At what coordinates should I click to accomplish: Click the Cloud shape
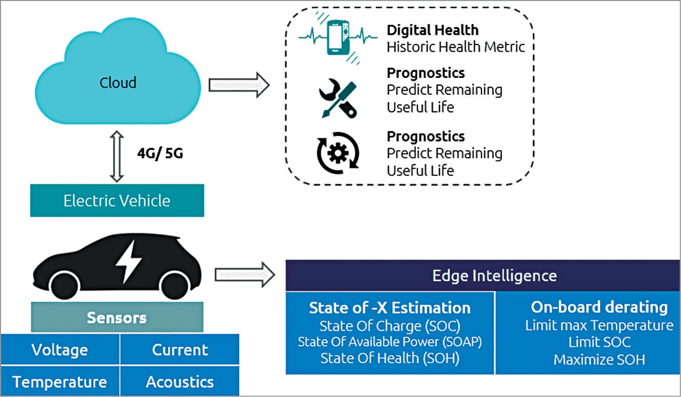click(x=118, y=82)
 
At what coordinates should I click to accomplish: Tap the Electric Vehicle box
click(x=117, y=200)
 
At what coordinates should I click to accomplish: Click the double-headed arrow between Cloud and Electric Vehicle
click(x=117, y=157)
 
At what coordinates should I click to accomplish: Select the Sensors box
click(x=117, y=317)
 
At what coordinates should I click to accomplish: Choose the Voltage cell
click(x=60, y=350)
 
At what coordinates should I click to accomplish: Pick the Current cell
click(x=180, y=350)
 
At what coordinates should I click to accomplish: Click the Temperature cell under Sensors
click(x=60, y=382)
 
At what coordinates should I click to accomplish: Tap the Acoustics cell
click(x=180, y=382)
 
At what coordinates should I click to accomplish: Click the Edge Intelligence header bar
click(x=483, y=276)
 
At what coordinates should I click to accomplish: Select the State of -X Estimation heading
click(x=390, y=307)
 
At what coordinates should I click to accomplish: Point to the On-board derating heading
click(x=599, y=307)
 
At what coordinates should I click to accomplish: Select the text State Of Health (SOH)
click(x=390, y=358)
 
